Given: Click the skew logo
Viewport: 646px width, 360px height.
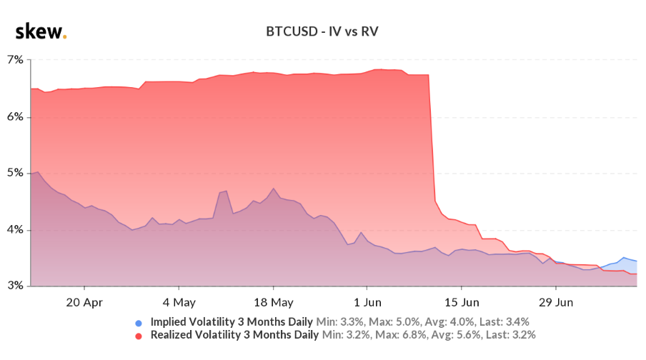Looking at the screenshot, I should (x=40, y=31).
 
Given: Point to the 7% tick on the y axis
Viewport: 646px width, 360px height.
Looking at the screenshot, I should (x=15, y=60).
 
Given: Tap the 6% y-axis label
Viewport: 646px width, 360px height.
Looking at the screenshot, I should (x=15, y=116).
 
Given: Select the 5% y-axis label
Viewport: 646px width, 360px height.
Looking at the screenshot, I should (x=15, y=173).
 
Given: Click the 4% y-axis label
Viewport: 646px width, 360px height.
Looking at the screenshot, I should (x=15, y=230).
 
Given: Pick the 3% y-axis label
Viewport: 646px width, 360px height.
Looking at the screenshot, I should (x=15, y=286).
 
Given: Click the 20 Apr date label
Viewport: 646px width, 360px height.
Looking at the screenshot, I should (x=84, y=301).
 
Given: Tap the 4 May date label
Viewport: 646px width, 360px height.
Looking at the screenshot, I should (x=179, y=301).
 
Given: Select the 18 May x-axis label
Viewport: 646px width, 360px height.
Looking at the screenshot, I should (x=273, y=301).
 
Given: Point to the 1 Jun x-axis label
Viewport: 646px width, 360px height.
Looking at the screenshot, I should (x=367, y=301).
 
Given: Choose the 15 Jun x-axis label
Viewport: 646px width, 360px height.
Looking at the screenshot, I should (x=461, y=301).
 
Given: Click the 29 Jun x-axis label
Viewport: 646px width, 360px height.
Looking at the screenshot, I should (x=555, y=301).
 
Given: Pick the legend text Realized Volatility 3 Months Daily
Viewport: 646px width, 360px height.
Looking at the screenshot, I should (x=235, y=334).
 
